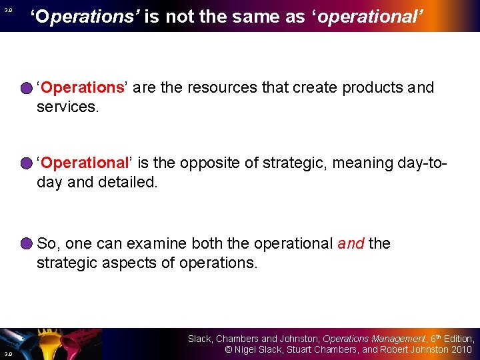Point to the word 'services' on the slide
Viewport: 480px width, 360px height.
point(67,107)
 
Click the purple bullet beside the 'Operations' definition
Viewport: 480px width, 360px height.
point(26,88)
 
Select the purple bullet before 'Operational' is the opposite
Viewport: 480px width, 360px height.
point(26,163)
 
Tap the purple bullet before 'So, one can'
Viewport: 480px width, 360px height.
point(26,244)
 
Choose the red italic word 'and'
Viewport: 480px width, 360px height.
point(351,244)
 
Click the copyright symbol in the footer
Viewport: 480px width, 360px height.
point(227,349)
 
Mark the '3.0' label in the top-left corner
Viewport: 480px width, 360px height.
point(7,10)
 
